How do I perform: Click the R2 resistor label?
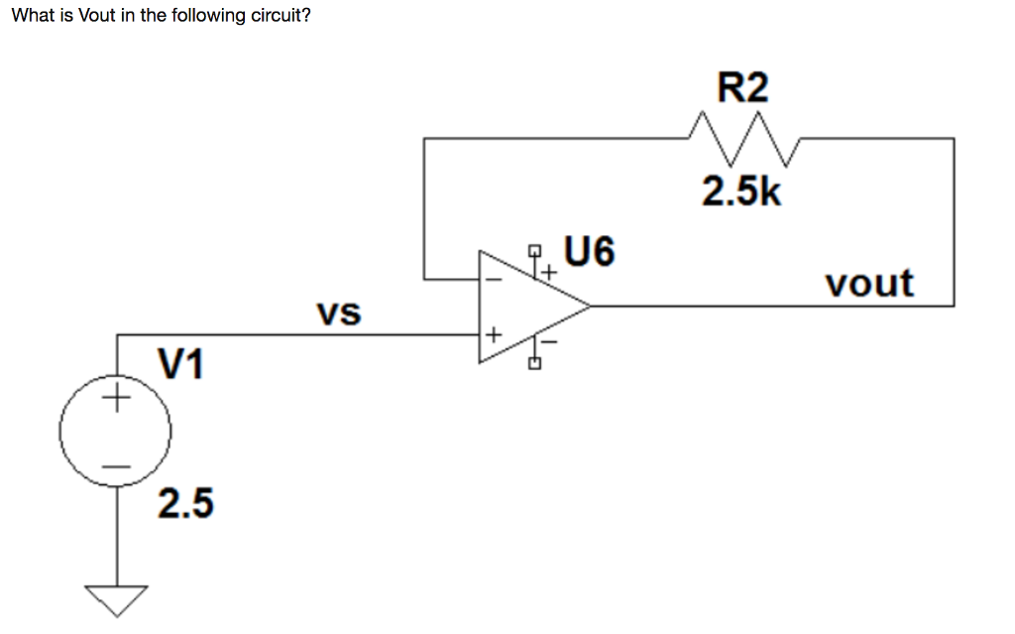tap(742, 89)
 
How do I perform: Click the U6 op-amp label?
tap(589, 252)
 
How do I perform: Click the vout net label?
tap(869, 284)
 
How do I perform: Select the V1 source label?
tap(181, 365)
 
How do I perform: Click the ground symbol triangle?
tap(116, 598)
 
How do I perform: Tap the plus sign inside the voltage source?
tap(116, 401)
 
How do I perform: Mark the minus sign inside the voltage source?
tap(116, 465)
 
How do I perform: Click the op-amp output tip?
tap(591, 306)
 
